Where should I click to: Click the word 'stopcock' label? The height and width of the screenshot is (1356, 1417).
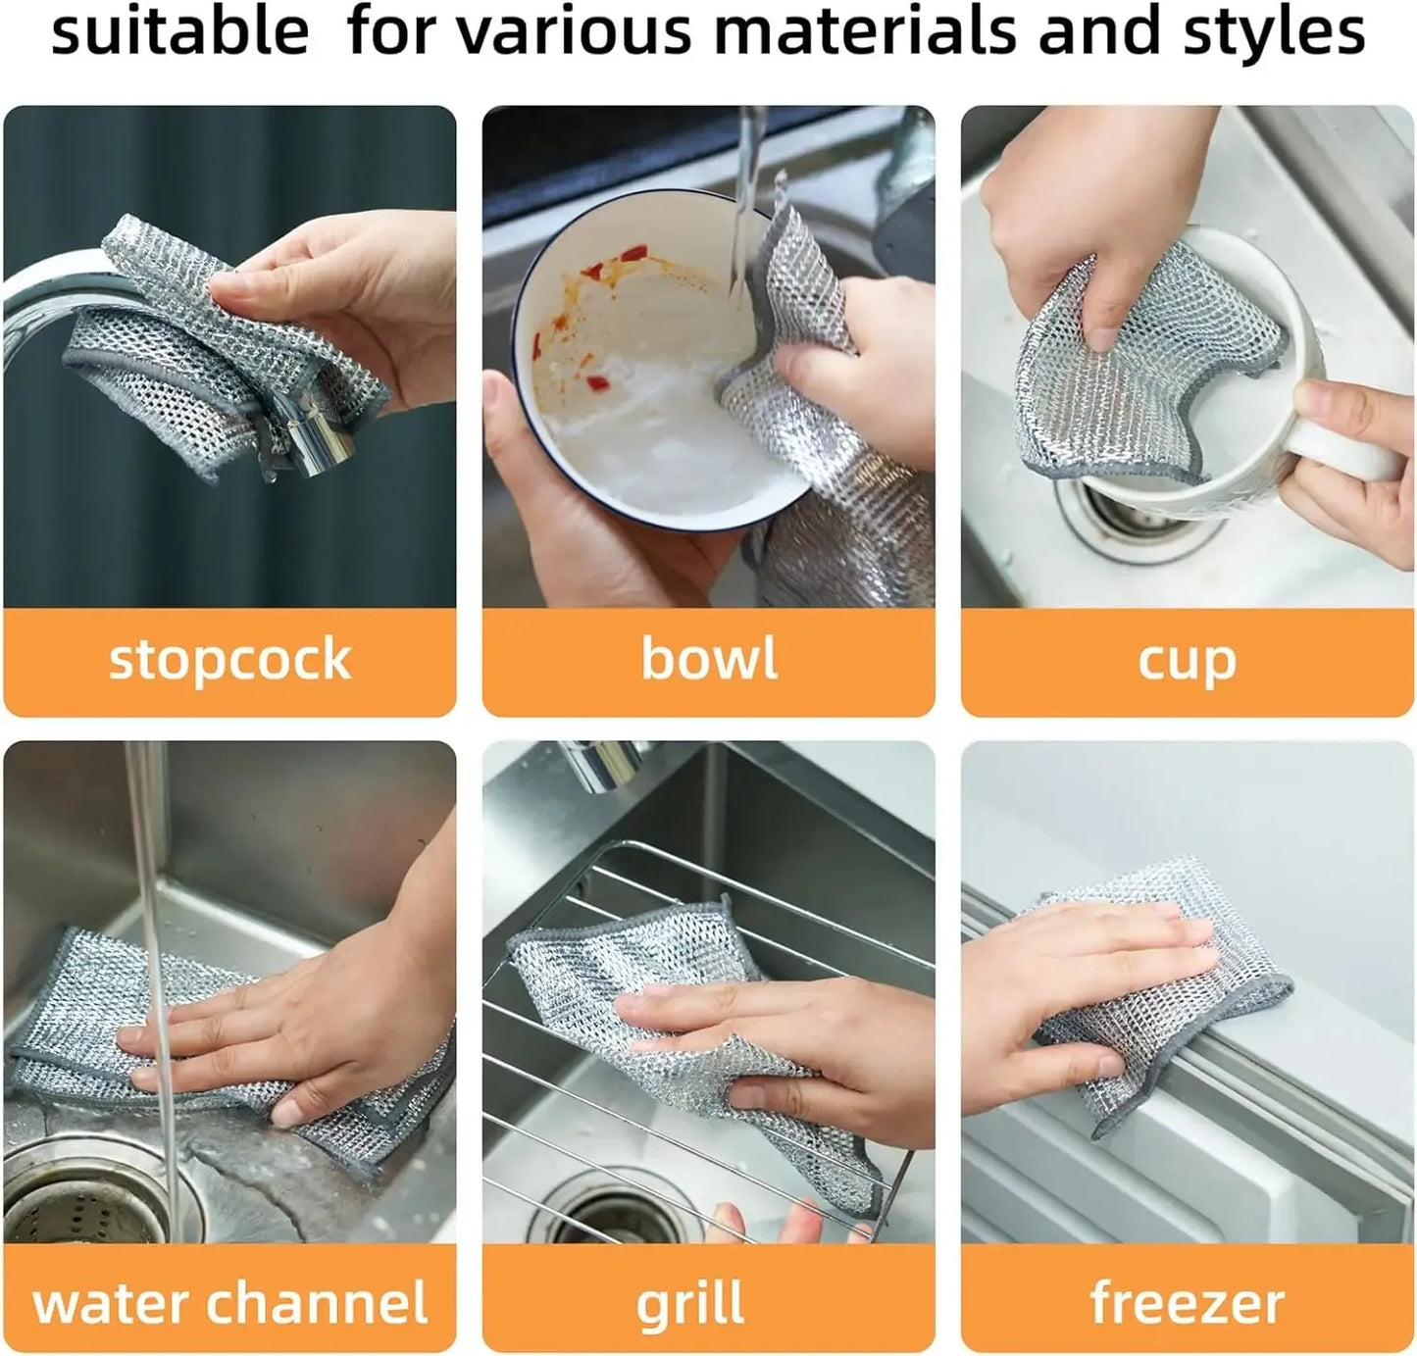[x=229, y=660]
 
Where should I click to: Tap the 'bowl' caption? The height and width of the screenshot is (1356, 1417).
[x=708, y=658]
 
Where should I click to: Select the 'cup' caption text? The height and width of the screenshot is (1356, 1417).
[x=1187, y=662]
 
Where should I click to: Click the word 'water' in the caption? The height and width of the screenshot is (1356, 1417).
[x=111, y=1303]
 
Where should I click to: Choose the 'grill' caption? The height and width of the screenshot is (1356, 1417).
[x=689, y=1305]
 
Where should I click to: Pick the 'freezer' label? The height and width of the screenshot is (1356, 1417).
[x=1187, y=1303]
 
